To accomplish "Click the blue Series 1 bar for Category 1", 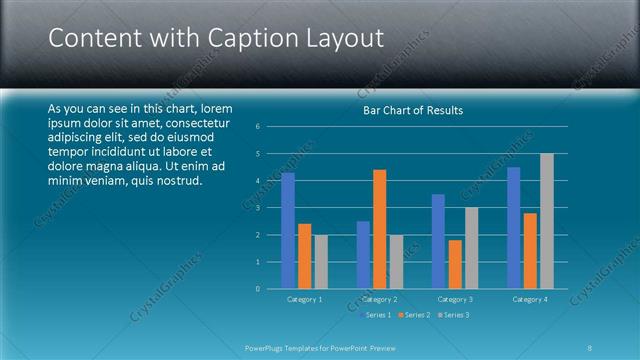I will click(288, 231).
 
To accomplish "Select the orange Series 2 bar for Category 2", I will click(379, 229).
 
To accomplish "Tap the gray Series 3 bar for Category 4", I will click(546, 221).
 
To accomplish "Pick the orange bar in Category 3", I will click(455, 264).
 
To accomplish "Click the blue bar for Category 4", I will click(513, 228).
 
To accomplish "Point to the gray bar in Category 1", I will click(321, 262).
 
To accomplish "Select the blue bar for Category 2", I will click(363, 255).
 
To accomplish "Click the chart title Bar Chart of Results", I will click(412, 110).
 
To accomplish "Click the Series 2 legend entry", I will click(413, 315).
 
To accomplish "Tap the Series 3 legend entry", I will click(452, 315).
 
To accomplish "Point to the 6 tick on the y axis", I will click(258, 127).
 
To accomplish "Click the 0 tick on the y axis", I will click(258, 289).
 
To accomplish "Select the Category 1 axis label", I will click(304, 299).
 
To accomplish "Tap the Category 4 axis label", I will click(529, 299).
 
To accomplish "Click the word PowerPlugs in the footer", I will click(267, 347).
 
